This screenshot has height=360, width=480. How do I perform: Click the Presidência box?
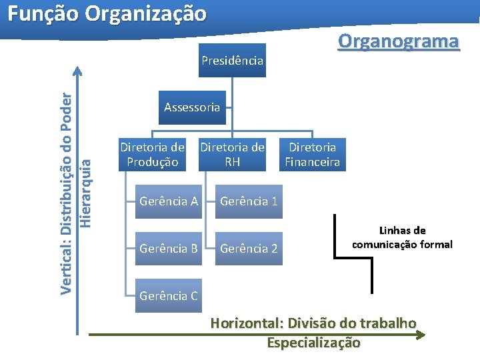(x=232, y=60)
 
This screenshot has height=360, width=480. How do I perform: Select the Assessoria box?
(x=192, y=107)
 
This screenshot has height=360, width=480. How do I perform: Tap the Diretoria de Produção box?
(x=152, y=154)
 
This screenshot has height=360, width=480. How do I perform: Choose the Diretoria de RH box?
(x=233, y=154)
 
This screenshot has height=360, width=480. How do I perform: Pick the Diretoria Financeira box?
(x=313, y=154)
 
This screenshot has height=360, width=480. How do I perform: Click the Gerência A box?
(x=169, y=201)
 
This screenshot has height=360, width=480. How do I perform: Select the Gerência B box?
(x=169, y=249)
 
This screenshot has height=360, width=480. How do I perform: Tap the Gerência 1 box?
(x=249, y=201)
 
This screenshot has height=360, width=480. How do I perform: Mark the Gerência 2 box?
(x=249, y=249)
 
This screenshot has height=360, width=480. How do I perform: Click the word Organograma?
(x=398, y=41)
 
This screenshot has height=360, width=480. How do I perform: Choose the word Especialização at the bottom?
(x=313, y=343)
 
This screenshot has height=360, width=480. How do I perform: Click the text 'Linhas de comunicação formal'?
(x=402, y=237)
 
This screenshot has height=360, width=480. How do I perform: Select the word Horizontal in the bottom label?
(x=246, y=323)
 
